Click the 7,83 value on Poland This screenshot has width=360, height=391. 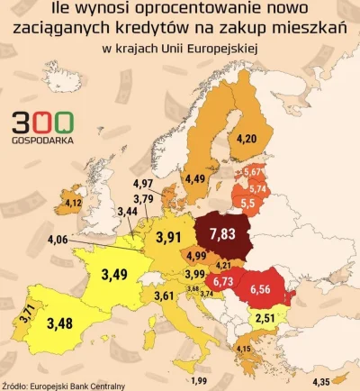(221, 234)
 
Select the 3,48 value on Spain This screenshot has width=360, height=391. (61, 323)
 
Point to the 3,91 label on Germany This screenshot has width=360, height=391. (170, 239)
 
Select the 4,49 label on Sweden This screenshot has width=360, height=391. (195, 178)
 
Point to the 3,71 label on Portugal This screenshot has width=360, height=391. (27, 314)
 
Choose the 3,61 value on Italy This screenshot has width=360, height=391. (164, 296)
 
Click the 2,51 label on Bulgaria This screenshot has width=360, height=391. (265, 318)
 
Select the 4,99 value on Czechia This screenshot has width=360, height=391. (197, 257)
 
